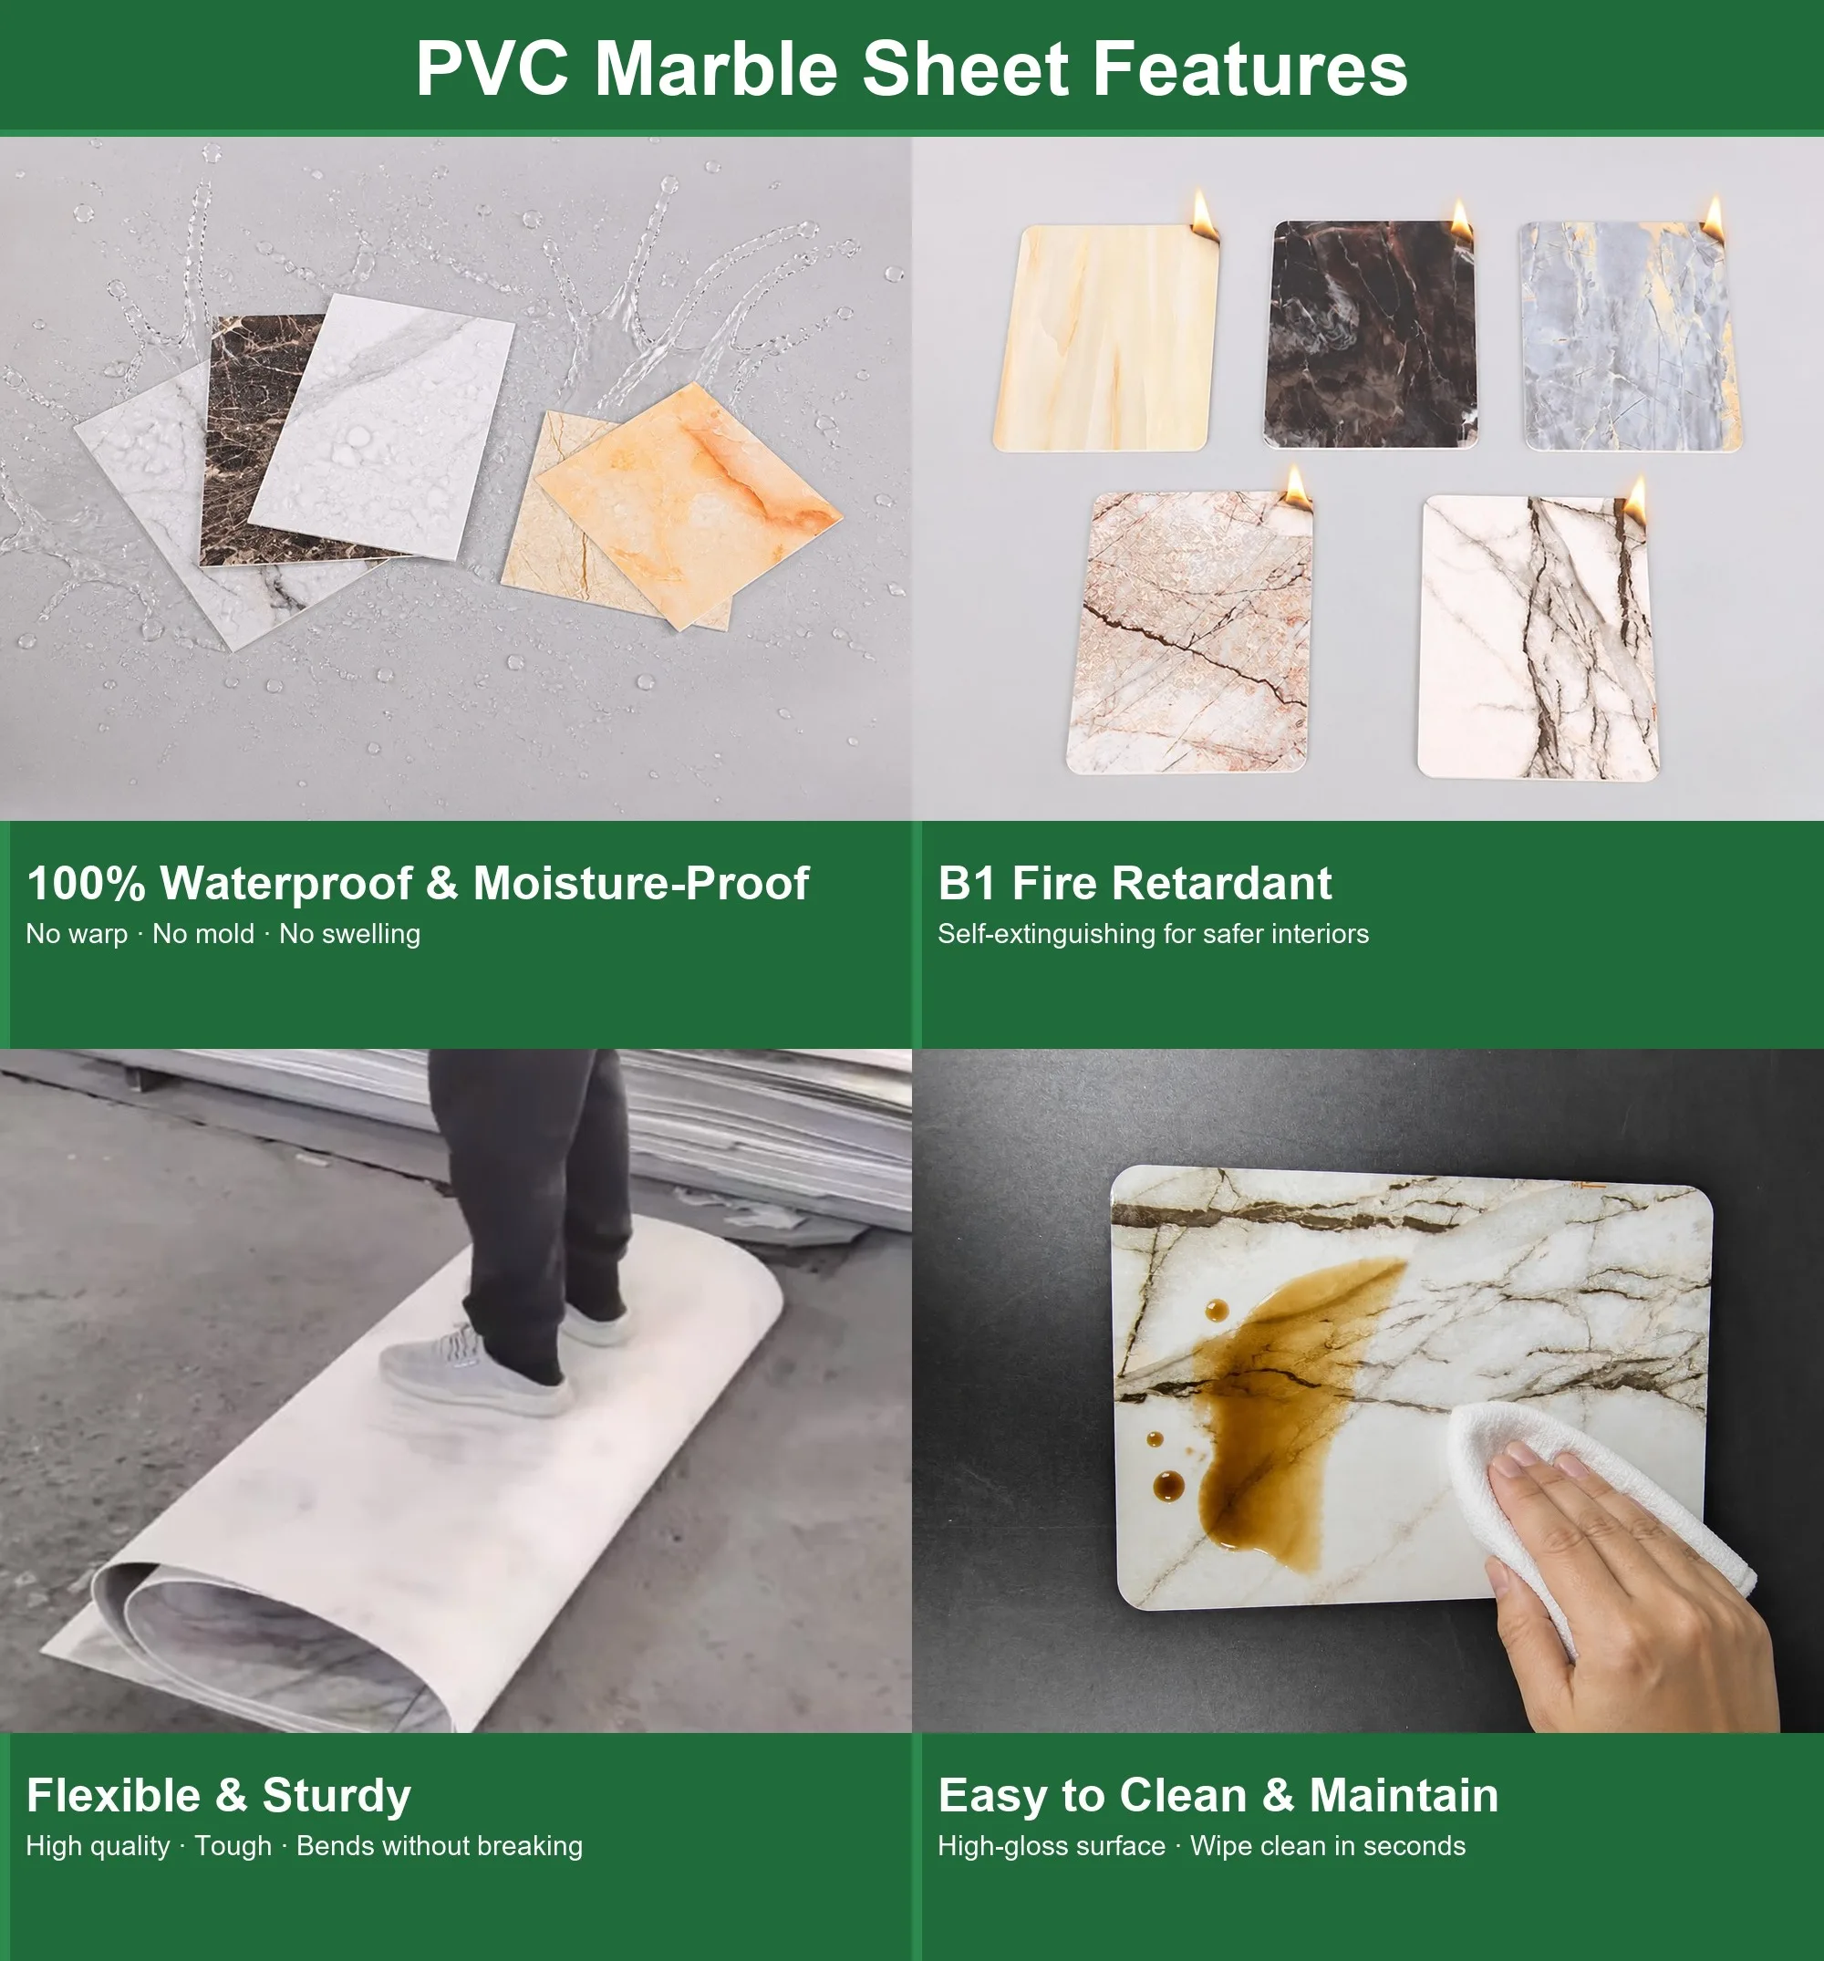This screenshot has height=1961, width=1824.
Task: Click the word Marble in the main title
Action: tap(716, 69)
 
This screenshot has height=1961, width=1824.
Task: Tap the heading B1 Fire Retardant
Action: tap(1135, 883)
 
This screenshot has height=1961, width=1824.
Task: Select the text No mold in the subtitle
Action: tap(203, 933)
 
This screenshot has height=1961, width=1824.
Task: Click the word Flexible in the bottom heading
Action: tap(113, 1794)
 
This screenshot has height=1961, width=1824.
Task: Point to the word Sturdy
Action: tap(337, 1796)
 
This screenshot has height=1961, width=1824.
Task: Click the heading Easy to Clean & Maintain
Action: tap(1218, 1794)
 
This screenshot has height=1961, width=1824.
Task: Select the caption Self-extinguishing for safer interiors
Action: tap(1153, 934)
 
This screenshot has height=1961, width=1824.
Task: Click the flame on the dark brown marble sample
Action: tap(1460, 220)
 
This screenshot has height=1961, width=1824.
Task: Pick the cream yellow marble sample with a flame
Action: tap(1106, 338)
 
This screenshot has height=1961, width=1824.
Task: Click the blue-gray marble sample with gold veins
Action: tap(1632, 337)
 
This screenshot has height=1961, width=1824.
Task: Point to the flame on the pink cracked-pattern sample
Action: tap(1296, 487)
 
